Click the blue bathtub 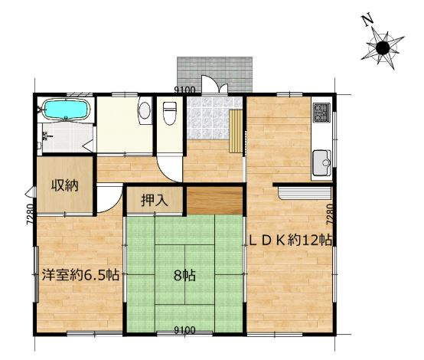[66, 109]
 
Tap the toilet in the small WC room [170, 113]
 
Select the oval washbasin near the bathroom [145, 110]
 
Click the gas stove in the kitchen [321, 112]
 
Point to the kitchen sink [321, 163]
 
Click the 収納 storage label [64, 185]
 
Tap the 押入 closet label [155, 201]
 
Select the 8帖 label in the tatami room [184, 276]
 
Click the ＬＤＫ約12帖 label [290, 240]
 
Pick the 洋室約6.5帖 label [80, 275]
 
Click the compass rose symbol [383, 48]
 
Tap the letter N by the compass [367, 21]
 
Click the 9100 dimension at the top [184, 90]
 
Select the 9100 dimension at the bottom [184, 330]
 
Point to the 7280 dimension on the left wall [31, 214]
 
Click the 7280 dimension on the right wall [330, 214]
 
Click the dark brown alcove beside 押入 [214, 201]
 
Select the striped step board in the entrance [236, 131]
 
